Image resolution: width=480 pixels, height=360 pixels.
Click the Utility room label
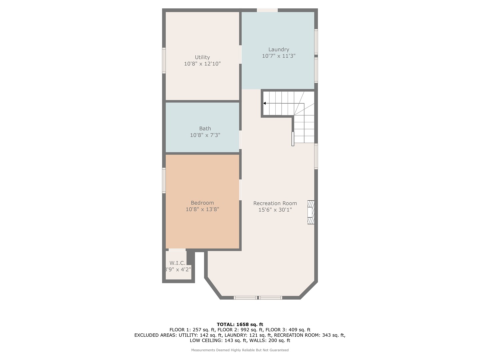(x=202, y=57)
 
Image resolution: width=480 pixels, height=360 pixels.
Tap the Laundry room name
(x=279, y=50)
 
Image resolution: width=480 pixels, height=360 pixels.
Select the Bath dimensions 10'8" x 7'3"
(x=205, y=135)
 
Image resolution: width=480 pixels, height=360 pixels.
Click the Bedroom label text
(x=202, y=203)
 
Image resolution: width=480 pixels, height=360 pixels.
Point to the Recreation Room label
(x=275, y=203)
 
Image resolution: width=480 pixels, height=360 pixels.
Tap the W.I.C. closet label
(x=177, y=263)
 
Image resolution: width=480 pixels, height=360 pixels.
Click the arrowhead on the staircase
(x=264, y=103)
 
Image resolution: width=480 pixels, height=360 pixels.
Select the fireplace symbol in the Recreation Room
(x=311, y=212)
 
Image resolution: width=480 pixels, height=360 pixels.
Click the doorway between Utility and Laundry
(x=240, y=54)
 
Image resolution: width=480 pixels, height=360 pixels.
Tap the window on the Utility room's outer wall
(x=164, y=60)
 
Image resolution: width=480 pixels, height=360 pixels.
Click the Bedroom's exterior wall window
(x=164, y=180)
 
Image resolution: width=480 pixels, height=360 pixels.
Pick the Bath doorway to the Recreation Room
(x=240, y=140)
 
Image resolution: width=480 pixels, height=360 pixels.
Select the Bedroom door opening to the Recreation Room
(x=240, y=190)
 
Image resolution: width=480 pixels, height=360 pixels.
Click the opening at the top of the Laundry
(x=267, y=10)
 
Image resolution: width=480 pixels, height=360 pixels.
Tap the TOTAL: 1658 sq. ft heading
(x=240, y=324)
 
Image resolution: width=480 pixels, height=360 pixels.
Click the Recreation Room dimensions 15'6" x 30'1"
(x=275, y=210)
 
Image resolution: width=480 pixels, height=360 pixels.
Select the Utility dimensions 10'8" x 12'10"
(x=202, y=64)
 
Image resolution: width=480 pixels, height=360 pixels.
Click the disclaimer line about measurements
(x=240, y=350)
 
